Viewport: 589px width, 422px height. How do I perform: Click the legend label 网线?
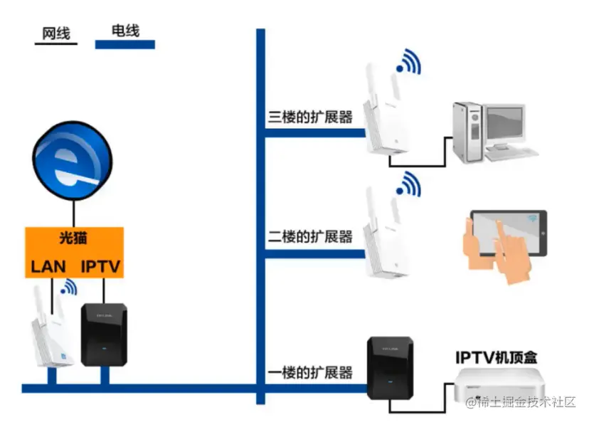coord(55,33)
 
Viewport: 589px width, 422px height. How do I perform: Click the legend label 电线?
coord(125,30)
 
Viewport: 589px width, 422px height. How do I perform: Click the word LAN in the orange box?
coord(48,268)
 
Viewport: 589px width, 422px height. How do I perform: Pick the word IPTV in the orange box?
coord(100,268)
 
